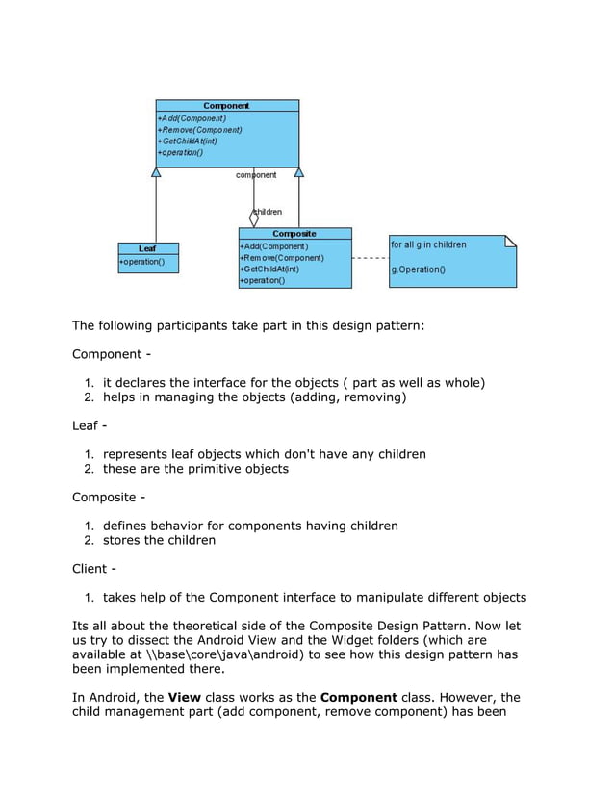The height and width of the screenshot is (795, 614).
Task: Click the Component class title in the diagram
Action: click(x=226, y=106)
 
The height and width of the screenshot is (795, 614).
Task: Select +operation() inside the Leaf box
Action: click(x=142, y=262)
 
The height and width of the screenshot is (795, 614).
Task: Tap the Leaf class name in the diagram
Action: click(x=147, y=248)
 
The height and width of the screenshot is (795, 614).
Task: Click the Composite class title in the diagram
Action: click(x=294, y=234)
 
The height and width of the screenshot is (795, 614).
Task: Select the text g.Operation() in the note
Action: click(x=418, y=269)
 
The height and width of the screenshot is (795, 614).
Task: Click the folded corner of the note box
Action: click(x=510, y=242)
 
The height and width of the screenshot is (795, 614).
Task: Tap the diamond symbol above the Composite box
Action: click(x=254, y=219)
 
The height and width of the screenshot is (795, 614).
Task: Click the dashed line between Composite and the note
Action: click(x=370, y=258)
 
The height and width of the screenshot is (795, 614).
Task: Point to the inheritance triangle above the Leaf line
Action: click(x=156, y=172)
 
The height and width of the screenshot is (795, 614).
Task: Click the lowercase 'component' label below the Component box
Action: click(x=256, y=175)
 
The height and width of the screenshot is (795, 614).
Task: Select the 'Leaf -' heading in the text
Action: click(x=90, y=425)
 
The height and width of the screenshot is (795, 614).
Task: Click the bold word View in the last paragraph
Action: click(x=184, y=697)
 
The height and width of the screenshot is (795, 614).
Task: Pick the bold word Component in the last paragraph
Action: click(x=358, y=697)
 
